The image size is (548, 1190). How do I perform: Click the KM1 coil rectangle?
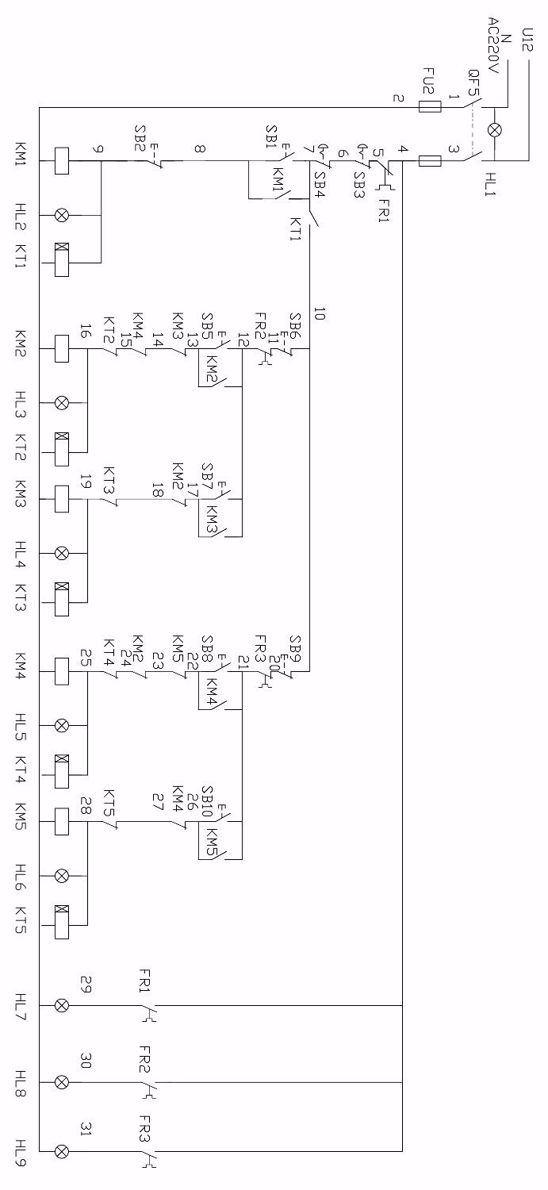[x=60, y=162]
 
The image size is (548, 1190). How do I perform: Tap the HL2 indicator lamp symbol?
[x=60, y=214]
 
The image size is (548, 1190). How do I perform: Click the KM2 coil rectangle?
[x=60, y=347]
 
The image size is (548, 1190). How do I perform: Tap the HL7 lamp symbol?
[x=60, y=1005]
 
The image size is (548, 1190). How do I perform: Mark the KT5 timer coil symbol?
[x=60, y=923]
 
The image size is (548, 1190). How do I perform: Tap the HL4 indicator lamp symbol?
[x=60, y=552]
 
